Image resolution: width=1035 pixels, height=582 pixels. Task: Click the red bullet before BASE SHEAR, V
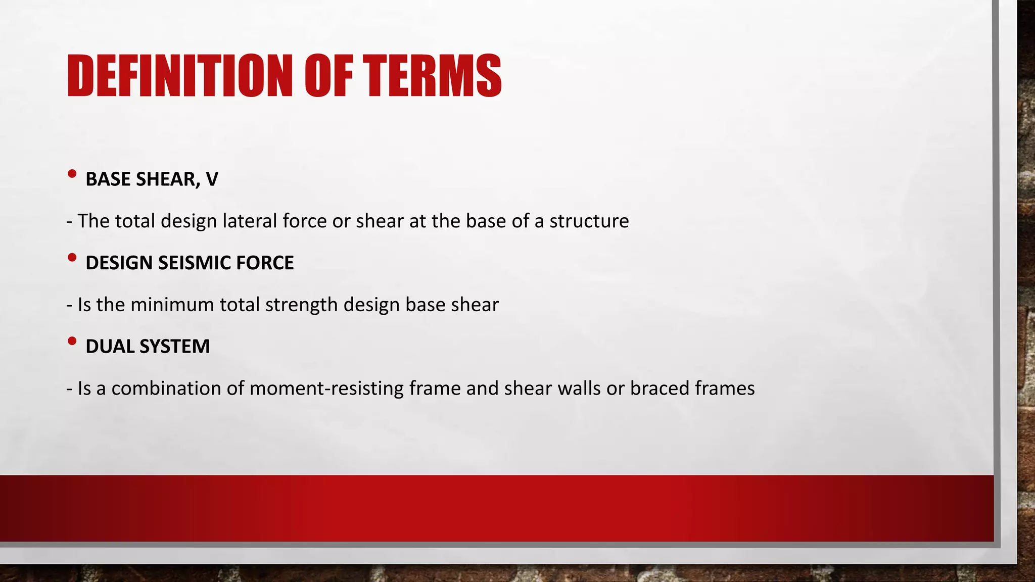tap(72, 174)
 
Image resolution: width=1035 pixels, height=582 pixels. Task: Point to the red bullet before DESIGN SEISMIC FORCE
tap(72, 258)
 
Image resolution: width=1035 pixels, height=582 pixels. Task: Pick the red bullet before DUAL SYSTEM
tap(72, 342)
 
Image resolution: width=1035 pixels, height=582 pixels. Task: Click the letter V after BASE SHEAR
tap(212, 179)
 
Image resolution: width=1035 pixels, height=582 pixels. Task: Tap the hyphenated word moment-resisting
tap(326, 389)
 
